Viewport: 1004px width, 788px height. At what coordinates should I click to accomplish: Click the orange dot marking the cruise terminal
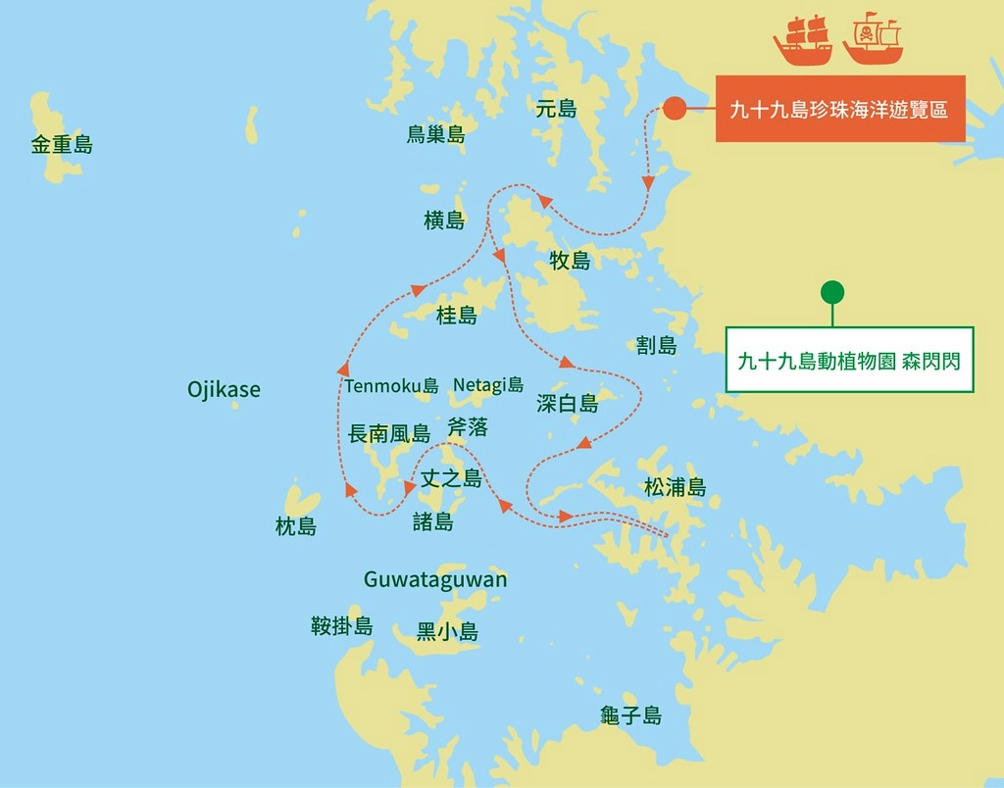pos(674,109)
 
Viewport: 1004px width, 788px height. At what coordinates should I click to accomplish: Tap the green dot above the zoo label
pos(831,292)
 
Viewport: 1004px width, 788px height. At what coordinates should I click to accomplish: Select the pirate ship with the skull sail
pos(872,40)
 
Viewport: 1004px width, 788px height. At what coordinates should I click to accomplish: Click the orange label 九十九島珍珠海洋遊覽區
pos(839,109)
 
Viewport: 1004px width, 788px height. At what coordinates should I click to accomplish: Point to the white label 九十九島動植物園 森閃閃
pos(849,360)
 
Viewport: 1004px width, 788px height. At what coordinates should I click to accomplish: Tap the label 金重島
pos(62,146)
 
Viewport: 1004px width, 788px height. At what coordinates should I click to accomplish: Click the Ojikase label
pos(224,390)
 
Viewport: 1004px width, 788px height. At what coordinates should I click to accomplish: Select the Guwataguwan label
pos(435,579)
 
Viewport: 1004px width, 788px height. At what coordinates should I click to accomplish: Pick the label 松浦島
pos(675,487)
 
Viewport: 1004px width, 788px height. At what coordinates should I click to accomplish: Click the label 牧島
pos(570,261)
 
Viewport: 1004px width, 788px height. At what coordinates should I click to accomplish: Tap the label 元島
pos(556,109)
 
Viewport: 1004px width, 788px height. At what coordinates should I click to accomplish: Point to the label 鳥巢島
pos(435,135)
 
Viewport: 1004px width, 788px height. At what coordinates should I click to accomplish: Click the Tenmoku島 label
pos(391,386)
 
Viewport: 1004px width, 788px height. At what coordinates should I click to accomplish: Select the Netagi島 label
pos(488,385)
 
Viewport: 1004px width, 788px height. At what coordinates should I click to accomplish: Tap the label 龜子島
pos(631,716)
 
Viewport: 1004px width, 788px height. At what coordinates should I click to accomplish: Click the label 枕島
pos(296,527)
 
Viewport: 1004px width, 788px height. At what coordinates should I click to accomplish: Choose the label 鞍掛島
pos(341,626)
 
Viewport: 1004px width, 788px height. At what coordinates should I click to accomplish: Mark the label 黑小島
pos(447,632)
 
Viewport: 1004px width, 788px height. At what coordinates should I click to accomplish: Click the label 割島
pos(656,345)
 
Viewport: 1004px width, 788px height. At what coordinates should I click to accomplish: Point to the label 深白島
pos(567,403)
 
